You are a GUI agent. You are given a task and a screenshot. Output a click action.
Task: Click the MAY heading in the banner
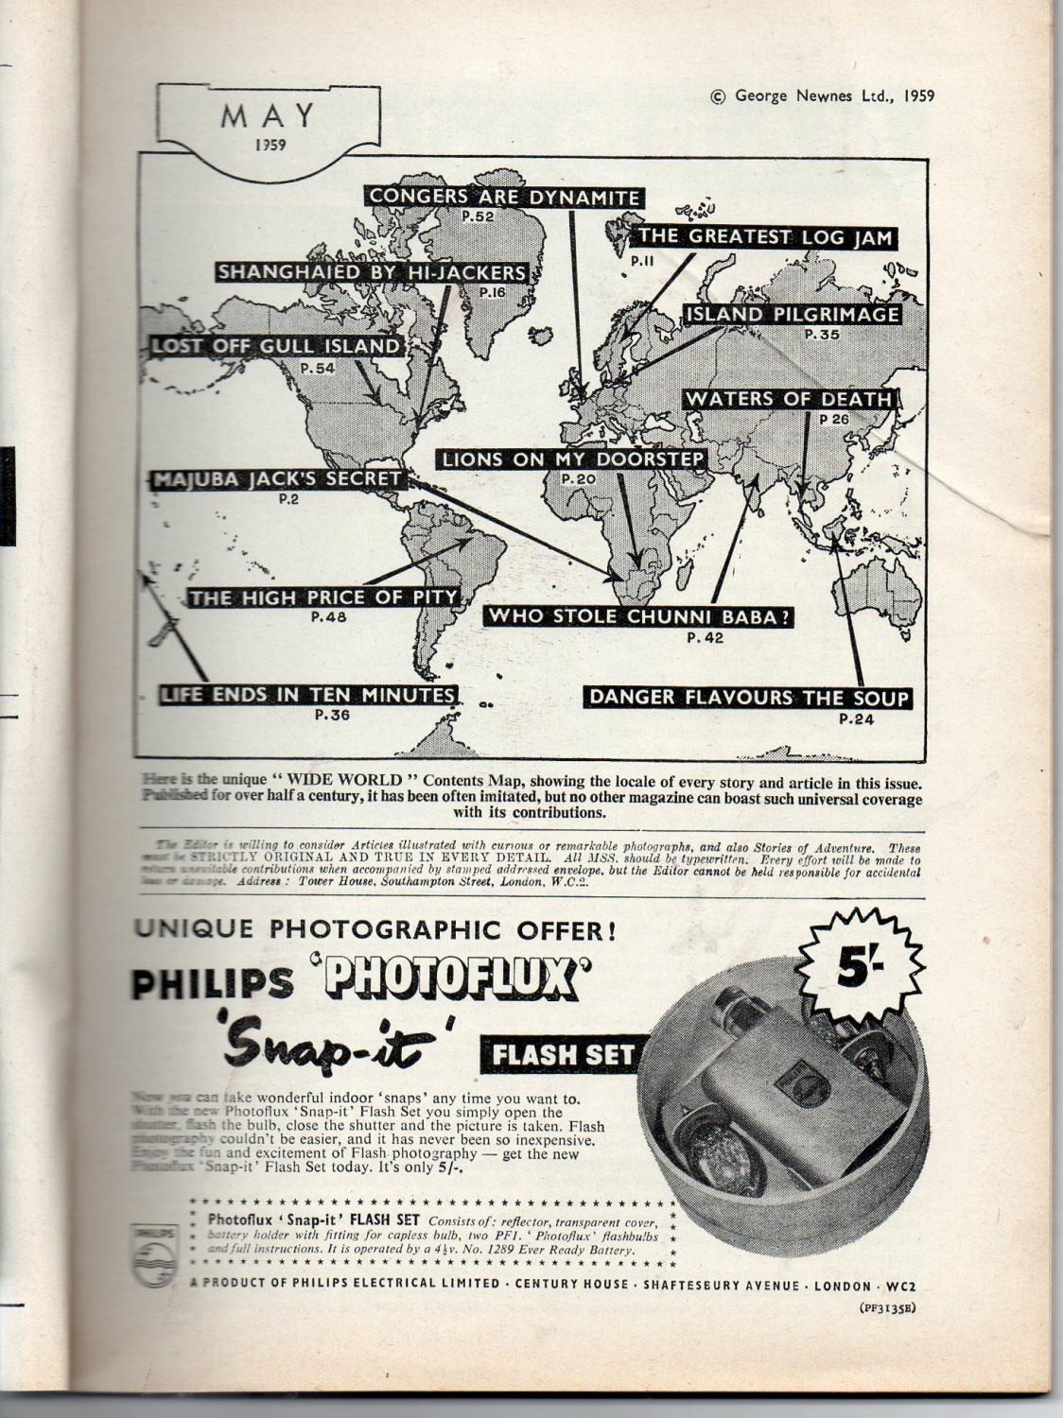pyautogui.click(x=268, y=116)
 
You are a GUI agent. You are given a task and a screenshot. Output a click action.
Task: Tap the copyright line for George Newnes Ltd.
pyautogui.click(x=821, y=95)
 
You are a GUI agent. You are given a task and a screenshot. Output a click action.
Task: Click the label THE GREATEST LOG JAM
pyautogui.click(x=765, y=236)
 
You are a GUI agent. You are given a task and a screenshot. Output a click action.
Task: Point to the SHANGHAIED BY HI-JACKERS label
pyautogui.click(x=371, y=272)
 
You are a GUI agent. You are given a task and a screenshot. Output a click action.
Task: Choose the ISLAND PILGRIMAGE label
pyautogui.click(x=793, y=314)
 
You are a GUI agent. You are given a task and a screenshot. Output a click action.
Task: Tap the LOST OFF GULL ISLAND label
pyautogui.click(x=276, y=346)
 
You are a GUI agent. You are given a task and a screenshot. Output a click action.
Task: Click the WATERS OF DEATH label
pyautogui.click(x=789, y=399)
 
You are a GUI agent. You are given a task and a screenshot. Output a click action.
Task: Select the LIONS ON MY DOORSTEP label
pyautogui.click(x=573, y=459)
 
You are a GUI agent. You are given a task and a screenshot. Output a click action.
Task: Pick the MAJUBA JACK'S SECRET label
pyautogui.click(x=278, y=479)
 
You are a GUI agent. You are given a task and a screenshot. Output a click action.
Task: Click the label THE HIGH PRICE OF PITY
pyautogui.click(x=323, y=597)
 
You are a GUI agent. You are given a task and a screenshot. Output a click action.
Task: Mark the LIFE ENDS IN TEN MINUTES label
pyautogui.click(x=308, y=695)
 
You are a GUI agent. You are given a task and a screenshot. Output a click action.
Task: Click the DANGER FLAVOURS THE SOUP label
pyautogui.click(x=748, y=698)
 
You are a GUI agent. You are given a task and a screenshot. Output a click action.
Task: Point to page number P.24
pyautogui.click(x=856, y=719)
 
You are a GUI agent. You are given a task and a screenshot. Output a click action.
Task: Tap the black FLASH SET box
pyautogui.click(x=565, y=1055)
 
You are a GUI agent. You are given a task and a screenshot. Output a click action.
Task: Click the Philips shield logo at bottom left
pyautogui.click(x=154, y=1254)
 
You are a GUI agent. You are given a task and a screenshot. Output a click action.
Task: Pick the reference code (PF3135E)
pyautogui.click(x=887, y=1308)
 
